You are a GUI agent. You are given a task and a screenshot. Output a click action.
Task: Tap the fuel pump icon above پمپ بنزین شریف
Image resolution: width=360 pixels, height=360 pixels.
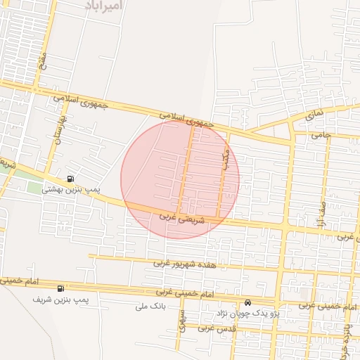60,288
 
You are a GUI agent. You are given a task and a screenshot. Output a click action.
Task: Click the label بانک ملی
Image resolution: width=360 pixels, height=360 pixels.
152,307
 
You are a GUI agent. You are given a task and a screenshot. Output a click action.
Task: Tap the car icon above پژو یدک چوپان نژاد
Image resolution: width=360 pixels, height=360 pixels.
247,303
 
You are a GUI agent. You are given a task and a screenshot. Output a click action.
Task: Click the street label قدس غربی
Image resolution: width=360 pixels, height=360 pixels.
219,328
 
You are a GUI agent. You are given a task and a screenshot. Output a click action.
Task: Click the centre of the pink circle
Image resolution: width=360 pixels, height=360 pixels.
180,179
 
